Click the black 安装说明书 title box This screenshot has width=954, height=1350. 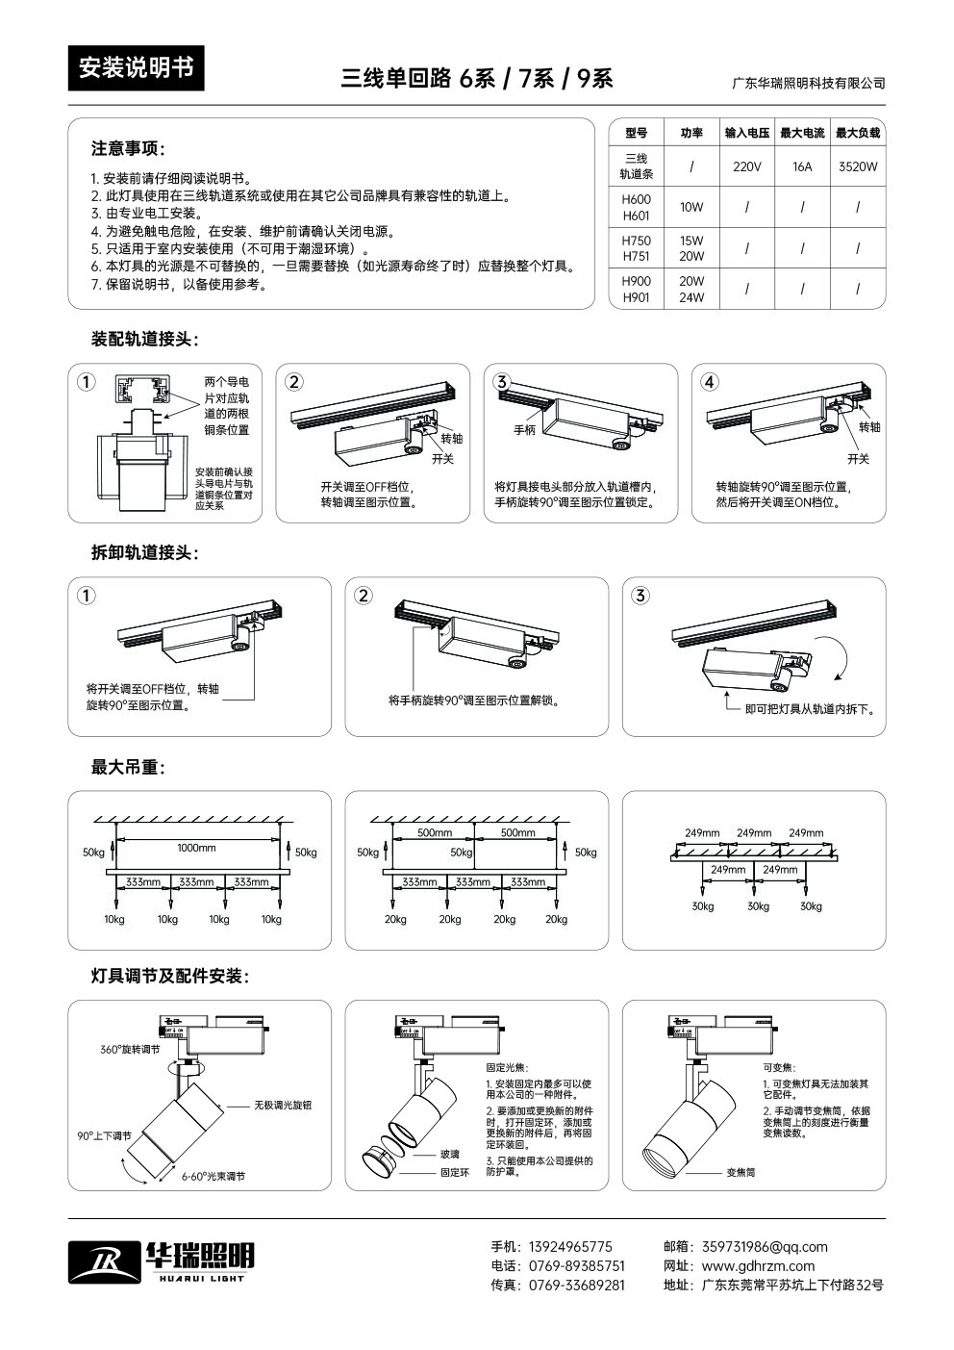(x=136, y=68)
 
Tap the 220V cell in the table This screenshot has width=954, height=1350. (x=746, y=166)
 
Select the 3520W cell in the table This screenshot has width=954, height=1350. (x=857, y=166)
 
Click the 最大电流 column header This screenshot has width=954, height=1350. (x=802, y=133)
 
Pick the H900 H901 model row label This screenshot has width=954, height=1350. (x=636, y=290)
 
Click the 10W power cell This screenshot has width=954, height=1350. (x=691, y=207)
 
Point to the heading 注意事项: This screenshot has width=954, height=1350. (x=128, y=149)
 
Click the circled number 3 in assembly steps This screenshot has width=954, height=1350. (x=501, y=382)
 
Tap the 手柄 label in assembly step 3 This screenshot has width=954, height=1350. (x=525, y=430)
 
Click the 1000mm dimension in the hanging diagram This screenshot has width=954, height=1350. (x=196, y=848)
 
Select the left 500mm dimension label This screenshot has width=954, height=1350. (x=435, y=832)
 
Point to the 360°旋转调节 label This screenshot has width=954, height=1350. (x=130, y=1049)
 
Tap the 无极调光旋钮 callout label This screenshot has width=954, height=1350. (x=283, y=1106)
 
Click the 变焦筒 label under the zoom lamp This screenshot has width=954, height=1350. (x=741, y=1172)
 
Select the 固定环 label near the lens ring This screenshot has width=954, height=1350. (x=455, y=1172)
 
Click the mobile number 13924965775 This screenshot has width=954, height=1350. (x=571, y=1246)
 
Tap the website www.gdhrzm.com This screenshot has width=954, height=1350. (x=758, y=1265)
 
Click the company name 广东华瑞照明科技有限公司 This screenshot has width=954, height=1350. (x=808, y=84)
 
